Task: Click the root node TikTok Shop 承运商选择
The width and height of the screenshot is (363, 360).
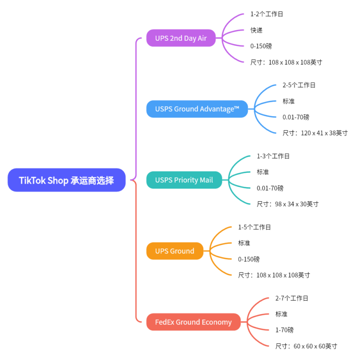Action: point(66,180)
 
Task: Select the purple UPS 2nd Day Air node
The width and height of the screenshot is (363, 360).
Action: point(181,38)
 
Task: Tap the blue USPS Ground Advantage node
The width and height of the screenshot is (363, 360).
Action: point(197,109)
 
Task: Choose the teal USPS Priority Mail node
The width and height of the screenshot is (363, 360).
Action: point(184,180)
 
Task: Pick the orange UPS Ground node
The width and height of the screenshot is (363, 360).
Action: point(174,251)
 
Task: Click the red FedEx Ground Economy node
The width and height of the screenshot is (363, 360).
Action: point(193,322)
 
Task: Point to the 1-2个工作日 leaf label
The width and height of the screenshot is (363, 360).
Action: point(267,14)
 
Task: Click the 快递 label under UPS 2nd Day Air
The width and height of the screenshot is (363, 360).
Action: point(256,30)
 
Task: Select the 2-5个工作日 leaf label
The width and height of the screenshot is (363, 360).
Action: point(299,85)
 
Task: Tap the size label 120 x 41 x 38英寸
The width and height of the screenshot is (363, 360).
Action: point(315,133)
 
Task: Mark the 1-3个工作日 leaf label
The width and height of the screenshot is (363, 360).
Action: point(273,156)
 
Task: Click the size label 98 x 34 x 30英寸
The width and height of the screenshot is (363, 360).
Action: point(288,204)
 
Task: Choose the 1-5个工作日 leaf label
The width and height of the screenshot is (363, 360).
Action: point(255,227)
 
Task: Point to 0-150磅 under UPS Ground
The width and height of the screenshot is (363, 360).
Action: point(249,259)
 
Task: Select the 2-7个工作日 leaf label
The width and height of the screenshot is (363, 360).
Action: point(292,298)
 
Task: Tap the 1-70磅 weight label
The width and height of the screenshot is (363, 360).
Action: point(285,330)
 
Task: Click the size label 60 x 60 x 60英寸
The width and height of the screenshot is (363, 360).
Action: point(306,346)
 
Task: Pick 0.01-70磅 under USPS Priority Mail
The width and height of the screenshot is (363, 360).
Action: point(270,188)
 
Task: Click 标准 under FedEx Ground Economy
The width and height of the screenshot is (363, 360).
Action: point(281,314)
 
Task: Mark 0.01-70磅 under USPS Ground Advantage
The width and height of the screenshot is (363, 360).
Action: point(296,117)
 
